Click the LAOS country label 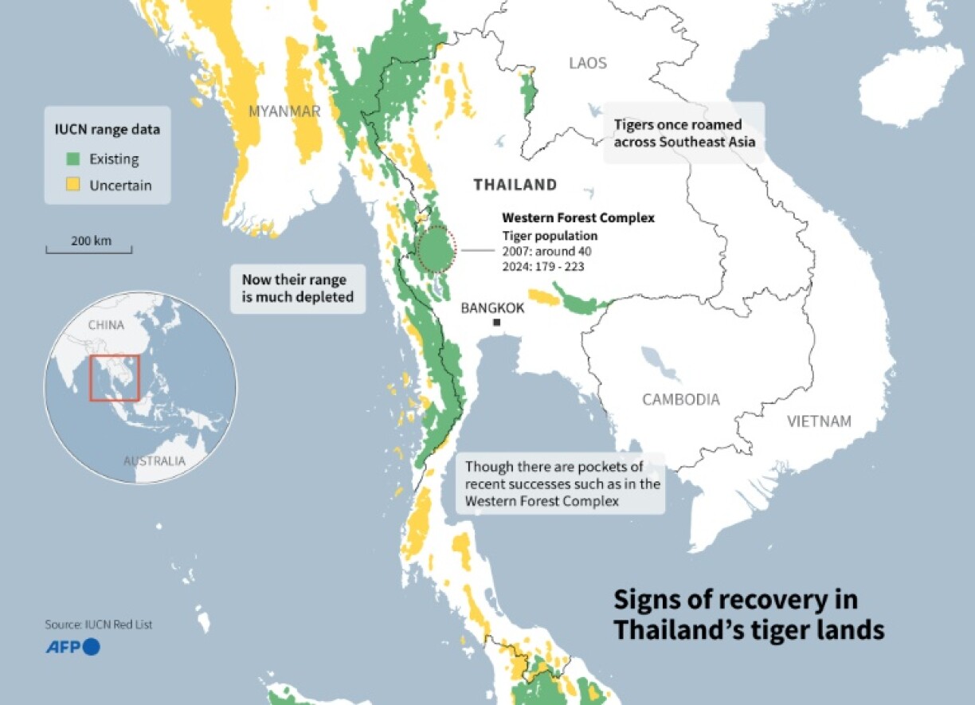(587, 63)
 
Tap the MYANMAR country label (284, 111)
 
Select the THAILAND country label (515, 185)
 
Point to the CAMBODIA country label (681, 399)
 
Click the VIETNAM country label (819, 421)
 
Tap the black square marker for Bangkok (496, 323)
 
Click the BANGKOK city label (492, 307)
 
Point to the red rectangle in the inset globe (115, 378)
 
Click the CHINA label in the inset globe (105, 325)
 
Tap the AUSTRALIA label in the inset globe (154, 461)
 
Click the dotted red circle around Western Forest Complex (436, 249)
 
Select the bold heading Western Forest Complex (578, 217)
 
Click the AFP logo (72, 647)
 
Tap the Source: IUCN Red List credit (98, 625)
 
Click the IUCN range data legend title (101, 130)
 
